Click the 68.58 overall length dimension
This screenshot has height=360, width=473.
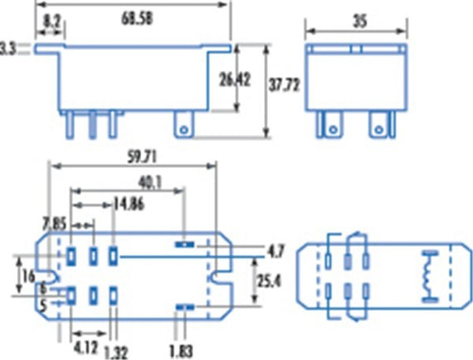(137, 19)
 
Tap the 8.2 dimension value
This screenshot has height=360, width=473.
(51, 22)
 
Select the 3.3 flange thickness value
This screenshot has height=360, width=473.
(7, 49)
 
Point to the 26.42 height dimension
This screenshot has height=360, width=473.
(235, 80)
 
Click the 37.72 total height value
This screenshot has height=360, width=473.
(284, 85)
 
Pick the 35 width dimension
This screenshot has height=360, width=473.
(360, 22)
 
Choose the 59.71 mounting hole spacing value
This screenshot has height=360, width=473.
(142, 158)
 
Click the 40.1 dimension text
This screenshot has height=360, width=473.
(150, 182)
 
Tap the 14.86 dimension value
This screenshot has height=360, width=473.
(129, 204)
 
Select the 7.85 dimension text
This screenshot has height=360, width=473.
(54, 224)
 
